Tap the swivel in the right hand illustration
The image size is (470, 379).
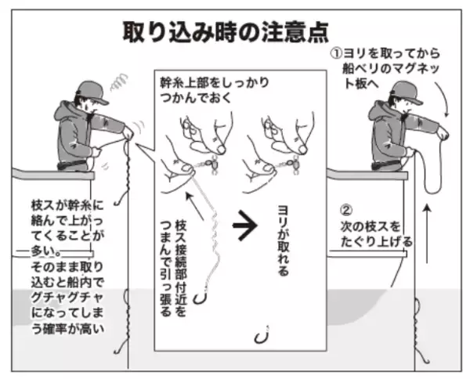click(288, 164)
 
